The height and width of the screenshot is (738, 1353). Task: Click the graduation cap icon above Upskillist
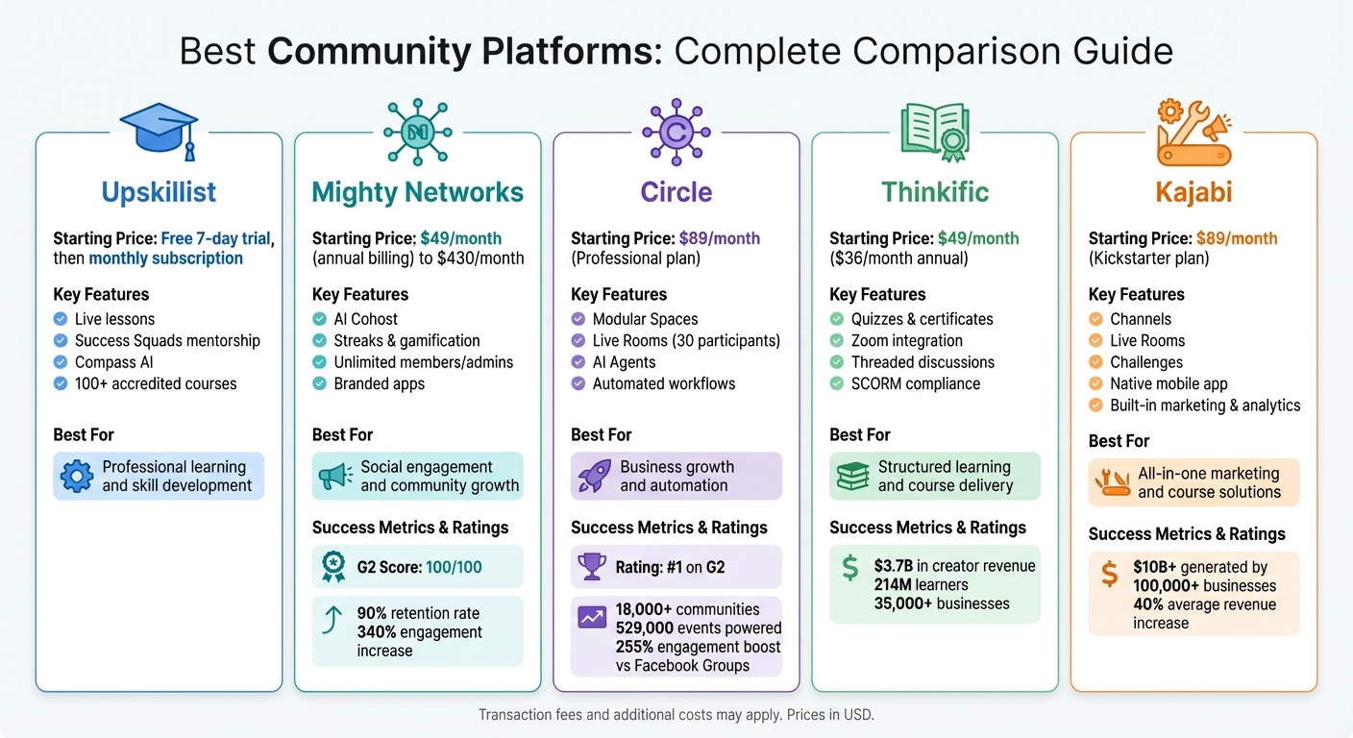click(159, 130)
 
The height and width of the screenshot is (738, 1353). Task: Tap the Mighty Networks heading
click(418, 192)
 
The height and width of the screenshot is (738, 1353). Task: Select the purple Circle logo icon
click(676, 131)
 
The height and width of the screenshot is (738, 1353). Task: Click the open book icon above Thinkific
click(935, 131)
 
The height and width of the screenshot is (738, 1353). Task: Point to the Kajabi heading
click(1193, 192)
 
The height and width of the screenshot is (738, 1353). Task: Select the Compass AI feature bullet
click(113, 362)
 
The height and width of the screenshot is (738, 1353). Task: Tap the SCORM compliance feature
click(915, 383)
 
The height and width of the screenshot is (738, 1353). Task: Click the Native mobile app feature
click(1168, 383)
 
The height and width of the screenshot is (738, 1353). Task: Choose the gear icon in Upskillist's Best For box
click(77, 477)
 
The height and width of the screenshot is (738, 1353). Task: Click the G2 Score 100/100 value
click(448, 567)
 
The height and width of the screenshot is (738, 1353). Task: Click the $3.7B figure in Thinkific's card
click(893, 566)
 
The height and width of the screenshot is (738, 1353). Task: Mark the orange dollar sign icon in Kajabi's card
click(1109, 575)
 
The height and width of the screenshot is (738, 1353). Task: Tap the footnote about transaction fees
click(676, 715)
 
